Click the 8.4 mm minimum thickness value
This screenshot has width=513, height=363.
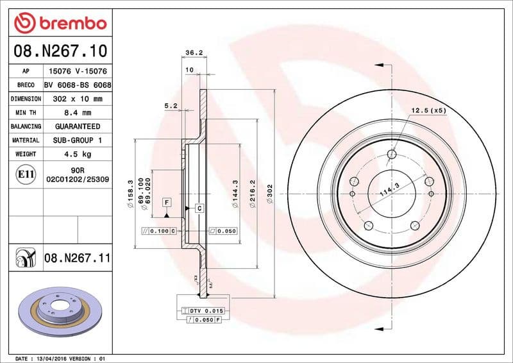pos(78,113)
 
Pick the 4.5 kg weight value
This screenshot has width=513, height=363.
pos(78,154)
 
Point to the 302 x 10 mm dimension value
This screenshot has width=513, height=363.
pos(78,99)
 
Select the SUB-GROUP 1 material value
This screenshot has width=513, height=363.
pos(78,140)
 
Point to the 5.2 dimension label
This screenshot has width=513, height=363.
pos(171,105)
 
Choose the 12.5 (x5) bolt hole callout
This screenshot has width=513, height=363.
pos(429,110)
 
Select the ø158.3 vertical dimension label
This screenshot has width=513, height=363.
pos(130,192)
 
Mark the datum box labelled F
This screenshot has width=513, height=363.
pos(167,203)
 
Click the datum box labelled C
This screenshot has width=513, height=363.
pos(199,208)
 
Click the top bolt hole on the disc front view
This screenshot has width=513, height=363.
pos(392,154)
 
